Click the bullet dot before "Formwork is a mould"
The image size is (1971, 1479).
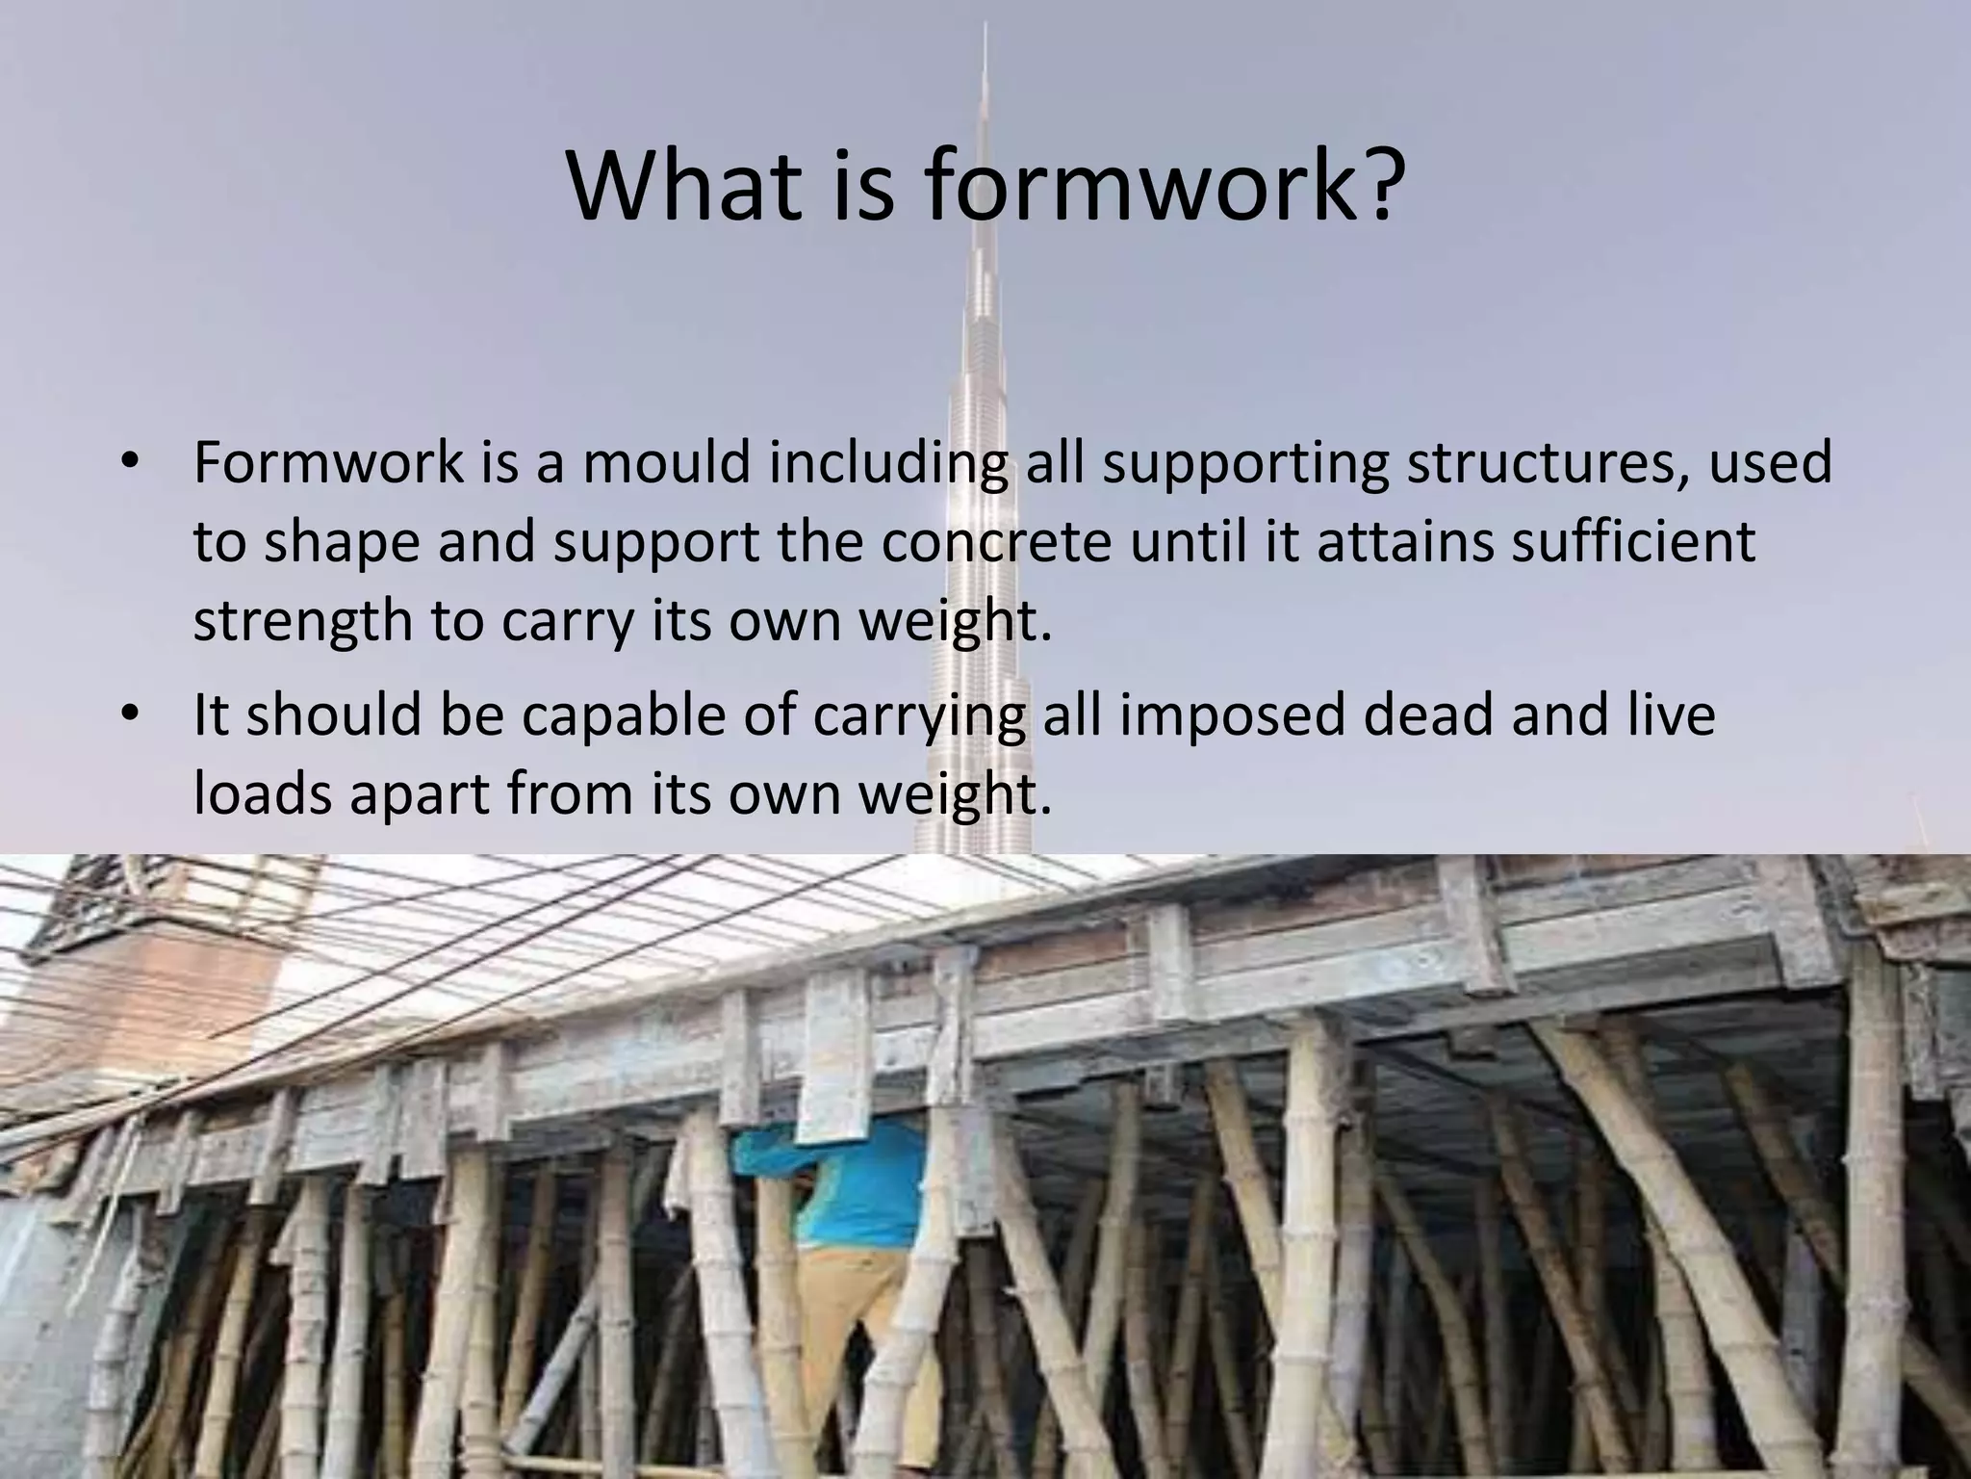(130, 461)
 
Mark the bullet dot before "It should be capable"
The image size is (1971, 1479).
(130, 714)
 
